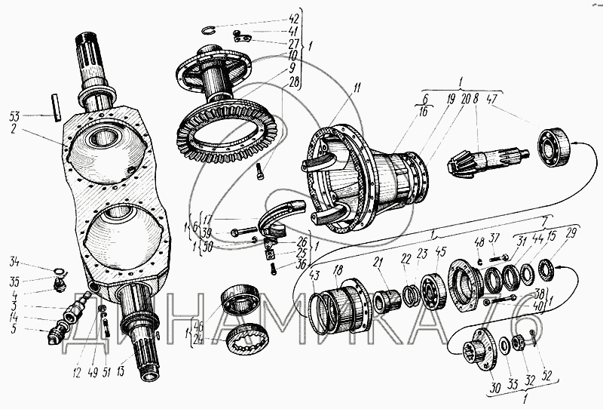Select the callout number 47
[492, 99]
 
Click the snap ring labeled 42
[213, 30]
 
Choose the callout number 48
[479, 241]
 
